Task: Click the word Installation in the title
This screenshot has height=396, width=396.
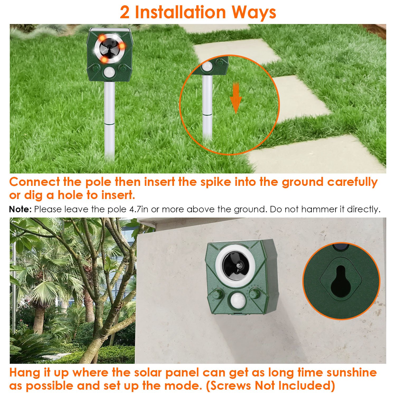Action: click(180, 12)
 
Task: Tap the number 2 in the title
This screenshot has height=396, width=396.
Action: click(125, 12)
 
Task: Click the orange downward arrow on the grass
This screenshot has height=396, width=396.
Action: click(236, 98)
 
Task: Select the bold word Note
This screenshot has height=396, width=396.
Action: click(20, 209)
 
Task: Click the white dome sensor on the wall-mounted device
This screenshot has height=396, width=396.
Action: click(237, 301)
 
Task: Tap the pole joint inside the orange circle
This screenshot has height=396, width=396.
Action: click(207, 114)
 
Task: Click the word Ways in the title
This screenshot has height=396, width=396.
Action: click(254, 13)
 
